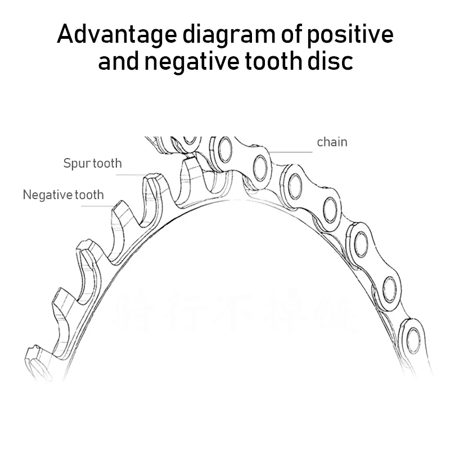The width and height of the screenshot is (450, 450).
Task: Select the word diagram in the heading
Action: click(x=215, y=35)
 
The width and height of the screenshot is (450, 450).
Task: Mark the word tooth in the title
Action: click(x=269, y=61)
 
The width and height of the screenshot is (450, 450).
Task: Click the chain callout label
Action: click(x=332, y=142)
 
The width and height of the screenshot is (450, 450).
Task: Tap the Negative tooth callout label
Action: click(x=63, y=195)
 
